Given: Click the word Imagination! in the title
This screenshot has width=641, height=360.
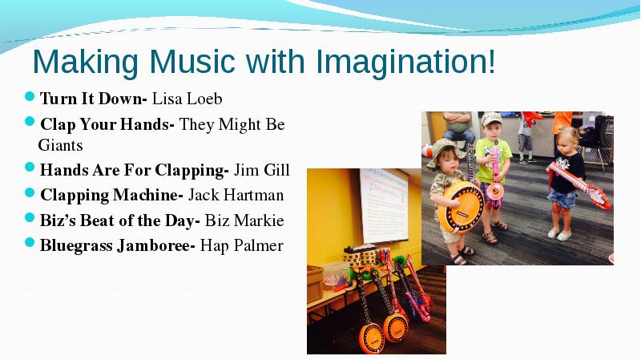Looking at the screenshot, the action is tap(405, 63).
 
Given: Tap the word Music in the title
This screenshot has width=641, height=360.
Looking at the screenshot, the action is tap(192, 62).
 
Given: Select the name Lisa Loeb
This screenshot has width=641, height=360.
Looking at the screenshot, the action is tap(187, 99).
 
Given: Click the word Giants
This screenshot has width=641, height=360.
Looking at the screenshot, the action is tap(61, 145).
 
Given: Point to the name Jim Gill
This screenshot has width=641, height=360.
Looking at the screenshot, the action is tap(262, 170).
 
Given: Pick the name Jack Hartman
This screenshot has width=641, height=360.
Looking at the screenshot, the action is tap(236, 195).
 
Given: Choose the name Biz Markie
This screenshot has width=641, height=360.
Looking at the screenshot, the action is tap(244, 220).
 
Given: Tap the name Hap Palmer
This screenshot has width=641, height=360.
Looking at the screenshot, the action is tap(242, 246).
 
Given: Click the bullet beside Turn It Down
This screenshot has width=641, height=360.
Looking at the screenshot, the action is tap(30, 96).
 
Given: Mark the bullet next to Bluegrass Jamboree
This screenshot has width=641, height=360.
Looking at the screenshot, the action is tap(30, 243).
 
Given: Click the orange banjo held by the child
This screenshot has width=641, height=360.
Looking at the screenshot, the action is tap(461, 206).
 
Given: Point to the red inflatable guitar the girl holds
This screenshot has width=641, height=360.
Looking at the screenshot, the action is tap(579, 185).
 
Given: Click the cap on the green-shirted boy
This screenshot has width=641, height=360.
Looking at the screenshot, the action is tap(491, 119).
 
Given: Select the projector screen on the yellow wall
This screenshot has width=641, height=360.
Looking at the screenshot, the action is tap(384, 205).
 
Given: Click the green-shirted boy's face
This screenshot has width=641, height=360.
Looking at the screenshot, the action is tap(491, 132).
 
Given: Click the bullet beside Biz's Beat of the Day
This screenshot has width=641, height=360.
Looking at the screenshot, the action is tap(30, 217).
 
